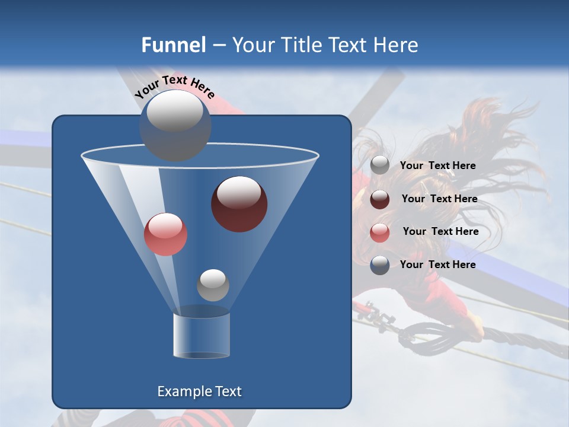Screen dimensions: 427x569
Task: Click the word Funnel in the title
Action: click(x=174, y=45)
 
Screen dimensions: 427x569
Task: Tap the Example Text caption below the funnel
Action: click(x=199, y=391)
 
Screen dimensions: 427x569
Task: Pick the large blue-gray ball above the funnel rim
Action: click(x=175, y=125)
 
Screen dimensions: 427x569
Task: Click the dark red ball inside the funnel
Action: click(x=239, y=204)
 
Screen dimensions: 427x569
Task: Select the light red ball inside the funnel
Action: click(x=165, y=234)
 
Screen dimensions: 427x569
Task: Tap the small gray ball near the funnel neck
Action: click(x=213, y=285)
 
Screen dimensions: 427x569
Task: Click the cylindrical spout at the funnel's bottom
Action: click(x=201, y=335)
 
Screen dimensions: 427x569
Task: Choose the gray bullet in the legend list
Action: click(x=380, y=165)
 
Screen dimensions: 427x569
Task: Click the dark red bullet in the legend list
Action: click(x=380, y=199)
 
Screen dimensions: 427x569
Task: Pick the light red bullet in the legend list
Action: click(x=380, y=232)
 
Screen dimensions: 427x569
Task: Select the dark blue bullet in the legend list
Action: click(x=380, y=265)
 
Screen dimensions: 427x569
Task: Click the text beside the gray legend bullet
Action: click(x=437, y=165)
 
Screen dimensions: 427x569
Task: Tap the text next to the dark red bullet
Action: click(x=439, y=199)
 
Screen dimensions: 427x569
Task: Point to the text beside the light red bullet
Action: click(x=440, y=231)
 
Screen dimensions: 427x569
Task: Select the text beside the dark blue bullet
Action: click(x=437, y=265)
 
